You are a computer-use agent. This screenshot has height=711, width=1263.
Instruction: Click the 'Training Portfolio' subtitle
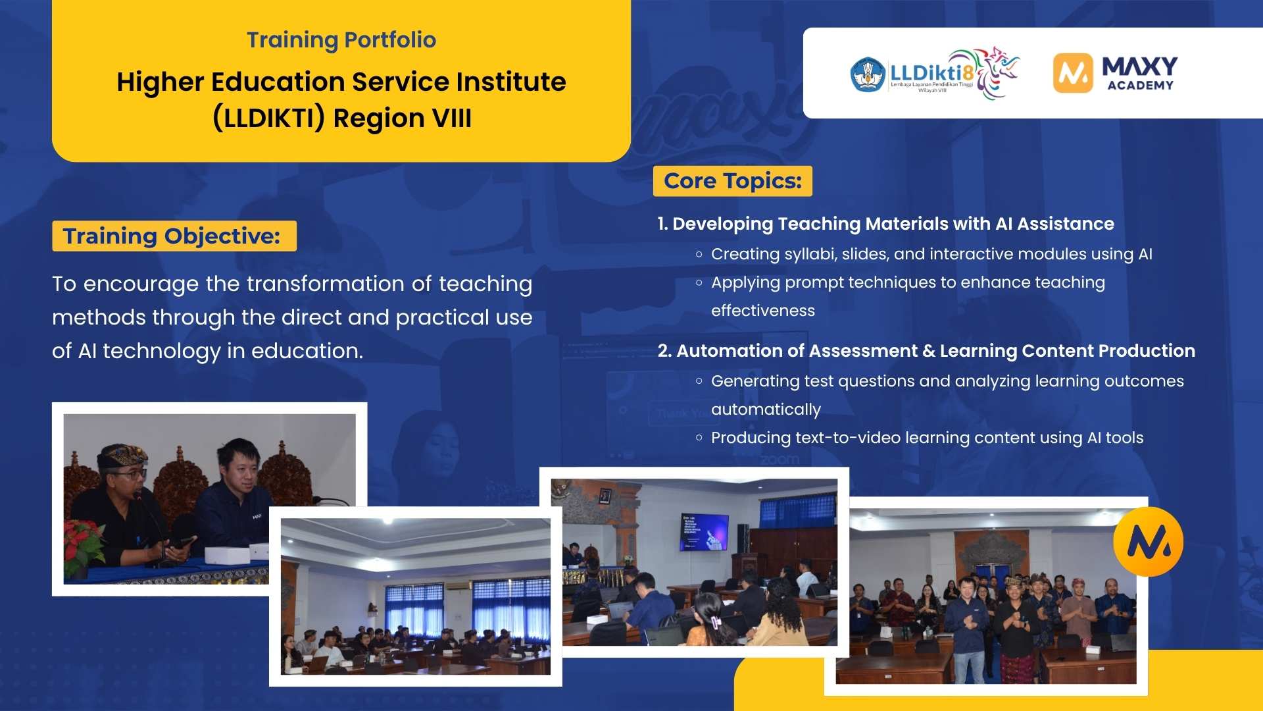[341, 40]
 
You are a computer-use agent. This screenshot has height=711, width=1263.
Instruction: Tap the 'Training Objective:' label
[172, 236]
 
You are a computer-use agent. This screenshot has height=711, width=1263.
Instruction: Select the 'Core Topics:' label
[733, 181]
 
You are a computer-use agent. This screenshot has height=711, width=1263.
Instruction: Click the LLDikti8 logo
[934, 73]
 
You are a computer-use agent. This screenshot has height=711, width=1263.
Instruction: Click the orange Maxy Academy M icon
[1072, 73]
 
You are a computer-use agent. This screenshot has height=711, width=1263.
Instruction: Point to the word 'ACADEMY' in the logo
[1140, 86]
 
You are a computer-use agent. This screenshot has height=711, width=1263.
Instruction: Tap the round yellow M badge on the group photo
[1148, 541]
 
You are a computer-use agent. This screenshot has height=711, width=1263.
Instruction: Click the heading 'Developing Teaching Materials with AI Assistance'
[893, 224]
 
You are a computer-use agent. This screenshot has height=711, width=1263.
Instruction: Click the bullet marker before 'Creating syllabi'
[699, 254]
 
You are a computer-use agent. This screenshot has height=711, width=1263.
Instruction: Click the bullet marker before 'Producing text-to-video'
[699, 438]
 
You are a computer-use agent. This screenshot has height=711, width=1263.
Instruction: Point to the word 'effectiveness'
[762, 311]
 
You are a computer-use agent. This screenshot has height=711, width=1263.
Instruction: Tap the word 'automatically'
[766, 409]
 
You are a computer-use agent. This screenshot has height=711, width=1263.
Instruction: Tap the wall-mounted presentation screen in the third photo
[704, 531]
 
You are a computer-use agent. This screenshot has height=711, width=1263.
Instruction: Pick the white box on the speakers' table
[228, 554]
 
